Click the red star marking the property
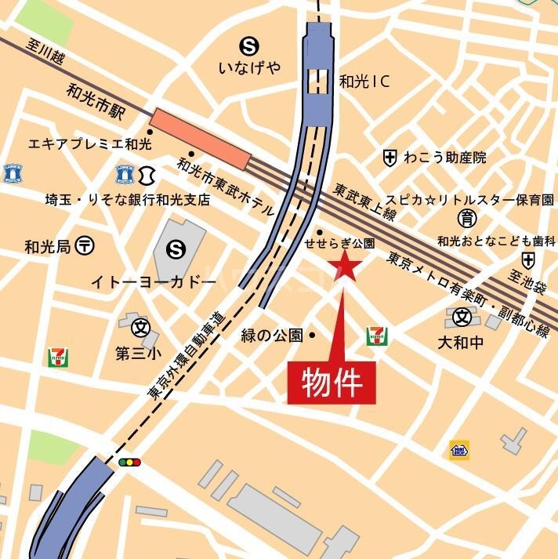345,268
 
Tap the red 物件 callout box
332,384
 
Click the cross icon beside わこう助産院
390,158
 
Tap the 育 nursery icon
468,217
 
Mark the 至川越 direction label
46,59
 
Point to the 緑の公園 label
271,336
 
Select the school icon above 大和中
463,317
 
